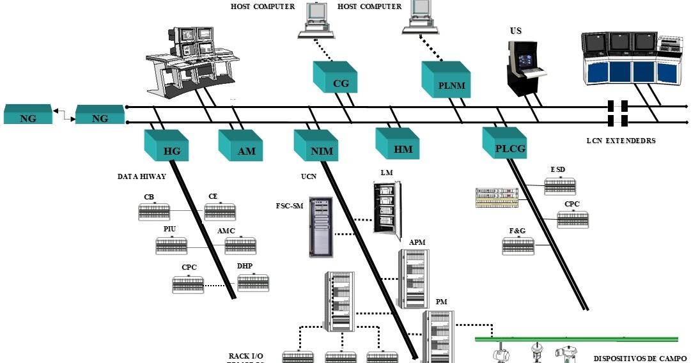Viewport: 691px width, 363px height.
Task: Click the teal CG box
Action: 334,77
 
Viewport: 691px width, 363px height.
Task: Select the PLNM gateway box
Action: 446,79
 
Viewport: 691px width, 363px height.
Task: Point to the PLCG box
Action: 504,144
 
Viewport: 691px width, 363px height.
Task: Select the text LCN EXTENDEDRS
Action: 621,141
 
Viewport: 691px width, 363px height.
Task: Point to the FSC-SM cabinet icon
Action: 321,227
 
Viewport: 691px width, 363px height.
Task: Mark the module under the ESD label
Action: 560,186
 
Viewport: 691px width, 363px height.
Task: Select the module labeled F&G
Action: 518,246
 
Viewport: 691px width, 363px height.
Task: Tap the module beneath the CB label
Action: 154,212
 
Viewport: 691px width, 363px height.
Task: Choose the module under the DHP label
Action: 253,283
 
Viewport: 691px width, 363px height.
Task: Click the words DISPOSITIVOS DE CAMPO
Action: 639,359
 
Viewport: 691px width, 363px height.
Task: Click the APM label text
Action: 417,243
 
